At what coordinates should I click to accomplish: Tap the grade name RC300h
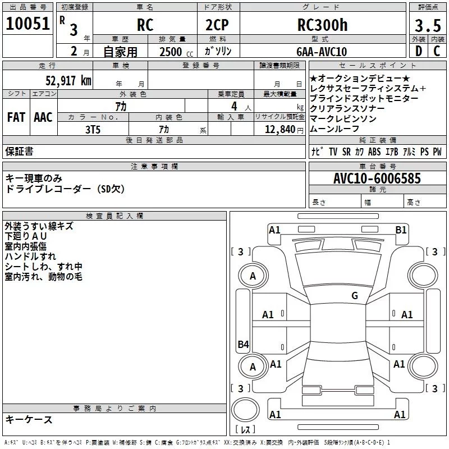coord(323,25)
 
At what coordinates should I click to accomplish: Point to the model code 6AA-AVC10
coord(322,52)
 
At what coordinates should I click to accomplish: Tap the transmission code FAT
coord(16,117)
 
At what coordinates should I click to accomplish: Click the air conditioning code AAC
coord(43,117)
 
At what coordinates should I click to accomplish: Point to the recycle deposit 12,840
coord(279,130)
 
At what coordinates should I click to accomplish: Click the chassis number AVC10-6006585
coord(377,178)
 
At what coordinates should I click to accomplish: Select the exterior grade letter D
coord(418,51)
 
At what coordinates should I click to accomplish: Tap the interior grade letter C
coord(436,51)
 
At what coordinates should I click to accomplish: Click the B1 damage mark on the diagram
coord(401,230)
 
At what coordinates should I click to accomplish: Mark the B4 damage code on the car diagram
coord(243,345)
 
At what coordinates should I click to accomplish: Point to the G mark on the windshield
coord(354,296)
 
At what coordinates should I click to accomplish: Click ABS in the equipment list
coord(374,152)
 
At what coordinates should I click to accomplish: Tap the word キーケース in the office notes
coord(29,420)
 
